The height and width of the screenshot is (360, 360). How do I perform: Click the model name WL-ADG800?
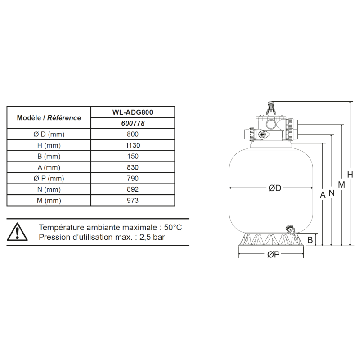[x=133, y=112]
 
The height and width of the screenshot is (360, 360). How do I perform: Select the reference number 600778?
[x=133, y=123]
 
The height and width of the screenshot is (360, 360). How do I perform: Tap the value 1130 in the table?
[x=133, y=145]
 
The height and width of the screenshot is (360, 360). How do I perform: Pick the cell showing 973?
[x=133, y=200]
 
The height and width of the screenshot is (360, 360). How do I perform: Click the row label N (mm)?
[x=49, y=189]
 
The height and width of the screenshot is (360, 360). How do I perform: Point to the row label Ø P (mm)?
[x=49, y=178]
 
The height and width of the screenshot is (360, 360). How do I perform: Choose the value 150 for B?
[x=133, y=156]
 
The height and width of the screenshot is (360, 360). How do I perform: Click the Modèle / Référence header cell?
[x=49, y=118]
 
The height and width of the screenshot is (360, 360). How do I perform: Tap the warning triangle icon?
[x=17, y=232]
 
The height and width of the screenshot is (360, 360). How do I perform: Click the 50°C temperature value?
[x=173, y=228]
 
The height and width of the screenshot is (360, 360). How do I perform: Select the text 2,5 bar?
[x=152, y=237]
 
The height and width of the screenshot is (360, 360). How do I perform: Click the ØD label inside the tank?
[x=275, y=188]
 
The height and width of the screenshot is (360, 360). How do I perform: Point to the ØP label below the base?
[x=274, y=254]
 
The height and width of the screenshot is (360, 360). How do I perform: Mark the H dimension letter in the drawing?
[x=350, y=175]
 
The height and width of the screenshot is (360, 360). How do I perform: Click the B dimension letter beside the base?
[x=310, y=240]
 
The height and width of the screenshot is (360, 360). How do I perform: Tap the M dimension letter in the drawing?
[x=342, y=184]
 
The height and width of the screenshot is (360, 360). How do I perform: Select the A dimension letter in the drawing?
[x=323, y=195]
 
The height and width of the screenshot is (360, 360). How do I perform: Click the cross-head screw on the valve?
[x=262, y=135]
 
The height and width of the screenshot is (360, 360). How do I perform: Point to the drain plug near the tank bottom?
[x=290, y=229]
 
